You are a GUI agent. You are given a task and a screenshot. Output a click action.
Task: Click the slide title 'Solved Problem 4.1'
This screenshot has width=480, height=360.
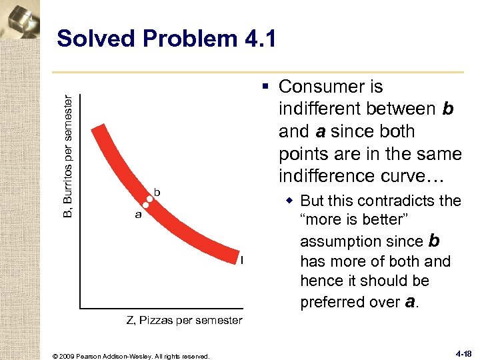pos(167,39)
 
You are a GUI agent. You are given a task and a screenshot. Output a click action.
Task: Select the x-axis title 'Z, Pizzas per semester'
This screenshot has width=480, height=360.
pos(185,321)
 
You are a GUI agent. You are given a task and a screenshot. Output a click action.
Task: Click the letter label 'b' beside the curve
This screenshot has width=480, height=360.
pos(157,192)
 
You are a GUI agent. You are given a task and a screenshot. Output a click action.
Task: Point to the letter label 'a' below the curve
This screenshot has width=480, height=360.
pos(138,215)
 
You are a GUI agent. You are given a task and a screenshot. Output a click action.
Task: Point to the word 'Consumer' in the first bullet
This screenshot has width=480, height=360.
pos(331,87)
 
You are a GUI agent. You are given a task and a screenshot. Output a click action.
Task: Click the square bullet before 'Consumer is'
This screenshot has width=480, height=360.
pos(267,87)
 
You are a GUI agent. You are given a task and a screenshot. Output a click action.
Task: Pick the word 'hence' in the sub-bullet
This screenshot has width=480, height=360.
pos(322,281)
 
